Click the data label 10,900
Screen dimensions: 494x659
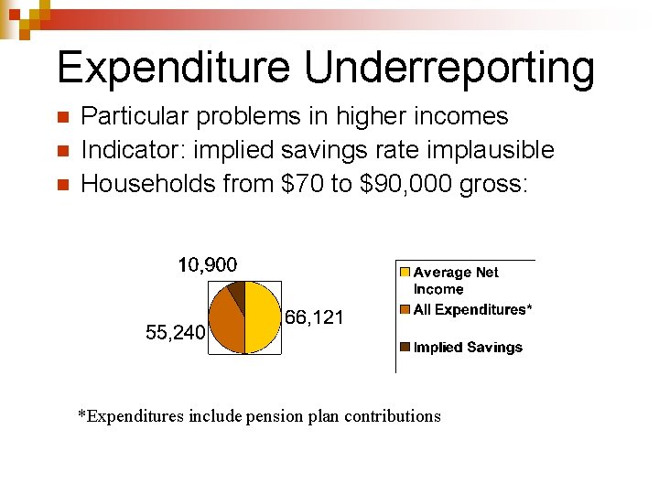coord(207,265)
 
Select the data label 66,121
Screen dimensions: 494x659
coord(314,317)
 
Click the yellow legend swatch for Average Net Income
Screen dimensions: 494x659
coord(405,273)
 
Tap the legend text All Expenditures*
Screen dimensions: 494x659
coord(471,309)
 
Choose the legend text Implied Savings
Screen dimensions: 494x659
coord(468,348)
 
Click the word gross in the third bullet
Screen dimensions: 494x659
coord(493,185)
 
